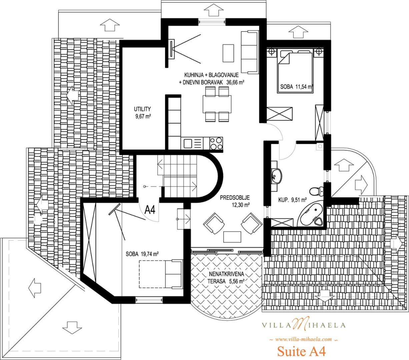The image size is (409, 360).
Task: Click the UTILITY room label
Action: (142, 109)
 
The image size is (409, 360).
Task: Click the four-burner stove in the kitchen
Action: (216, 143)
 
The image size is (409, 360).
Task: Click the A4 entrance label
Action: (150, 210)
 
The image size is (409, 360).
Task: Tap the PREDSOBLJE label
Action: (235, 197)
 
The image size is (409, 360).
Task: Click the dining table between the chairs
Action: (217, 104)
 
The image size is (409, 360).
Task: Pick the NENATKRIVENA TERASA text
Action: (227, 277)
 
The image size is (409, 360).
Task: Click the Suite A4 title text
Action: (301, 351)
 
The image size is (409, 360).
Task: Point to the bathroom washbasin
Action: (277, 177)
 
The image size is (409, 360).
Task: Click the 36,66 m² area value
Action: (235, 82)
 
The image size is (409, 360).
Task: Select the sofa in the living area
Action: (250, 52)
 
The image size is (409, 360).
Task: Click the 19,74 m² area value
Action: (149, 254)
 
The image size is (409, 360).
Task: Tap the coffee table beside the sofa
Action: (228, 53)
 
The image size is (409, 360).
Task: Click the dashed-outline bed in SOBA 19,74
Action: (161, 274)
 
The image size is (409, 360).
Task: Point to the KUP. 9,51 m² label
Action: (293, 200)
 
